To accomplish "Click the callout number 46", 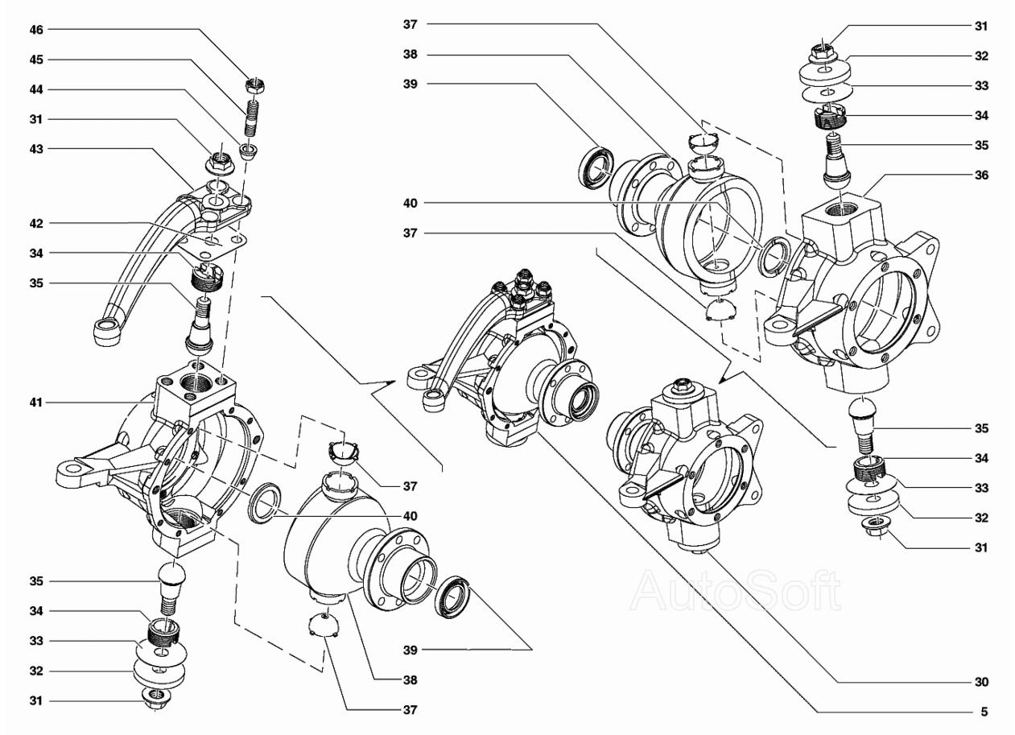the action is [x=36, y=30].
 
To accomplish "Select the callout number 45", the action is [x=36, y=60].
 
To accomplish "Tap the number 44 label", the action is [x=36, y=89].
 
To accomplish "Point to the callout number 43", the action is [x=36, y=149].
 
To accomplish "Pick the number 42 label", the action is [x=36, y=224].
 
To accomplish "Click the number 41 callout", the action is [x=36, y=403].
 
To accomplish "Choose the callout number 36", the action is [x=981, y=175].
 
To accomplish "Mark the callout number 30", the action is [x=981, y=682].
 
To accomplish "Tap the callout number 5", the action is [x=984, y=712].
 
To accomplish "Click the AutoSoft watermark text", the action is [x=735, y=590].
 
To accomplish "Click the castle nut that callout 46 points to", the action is [x=255, y=85].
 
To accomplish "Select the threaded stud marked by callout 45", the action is [x=252, y=118].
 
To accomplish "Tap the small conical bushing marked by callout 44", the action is [x=248, y=151].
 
